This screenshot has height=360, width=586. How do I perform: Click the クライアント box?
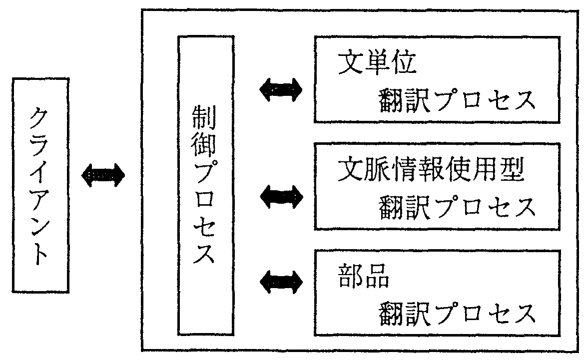click(40, 185)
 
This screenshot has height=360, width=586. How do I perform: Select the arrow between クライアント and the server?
click(103, 175)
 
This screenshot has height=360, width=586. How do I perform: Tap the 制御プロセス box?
click(205, 185)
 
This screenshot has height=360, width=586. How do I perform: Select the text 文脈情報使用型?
click(430, 171)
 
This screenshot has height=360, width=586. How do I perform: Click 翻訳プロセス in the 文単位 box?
click(456, 101)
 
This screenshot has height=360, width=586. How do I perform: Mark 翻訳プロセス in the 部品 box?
click(456, 313)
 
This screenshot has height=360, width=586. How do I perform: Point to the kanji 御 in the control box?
click(205, 145)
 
